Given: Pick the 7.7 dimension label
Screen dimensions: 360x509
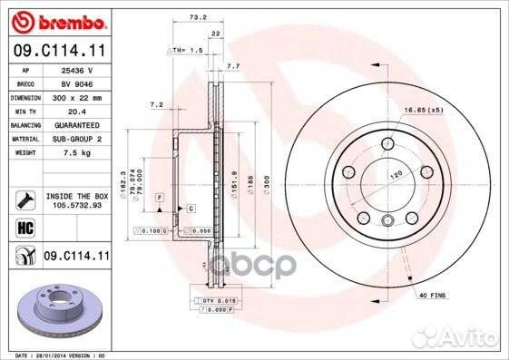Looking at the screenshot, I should [x=232, y=66].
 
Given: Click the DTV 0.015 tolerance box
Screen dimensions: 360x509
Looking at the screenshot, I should [x=216, y=299].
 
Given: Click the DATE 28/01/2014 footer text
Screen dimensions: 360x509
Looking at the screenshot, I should [x=54, y=355].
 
